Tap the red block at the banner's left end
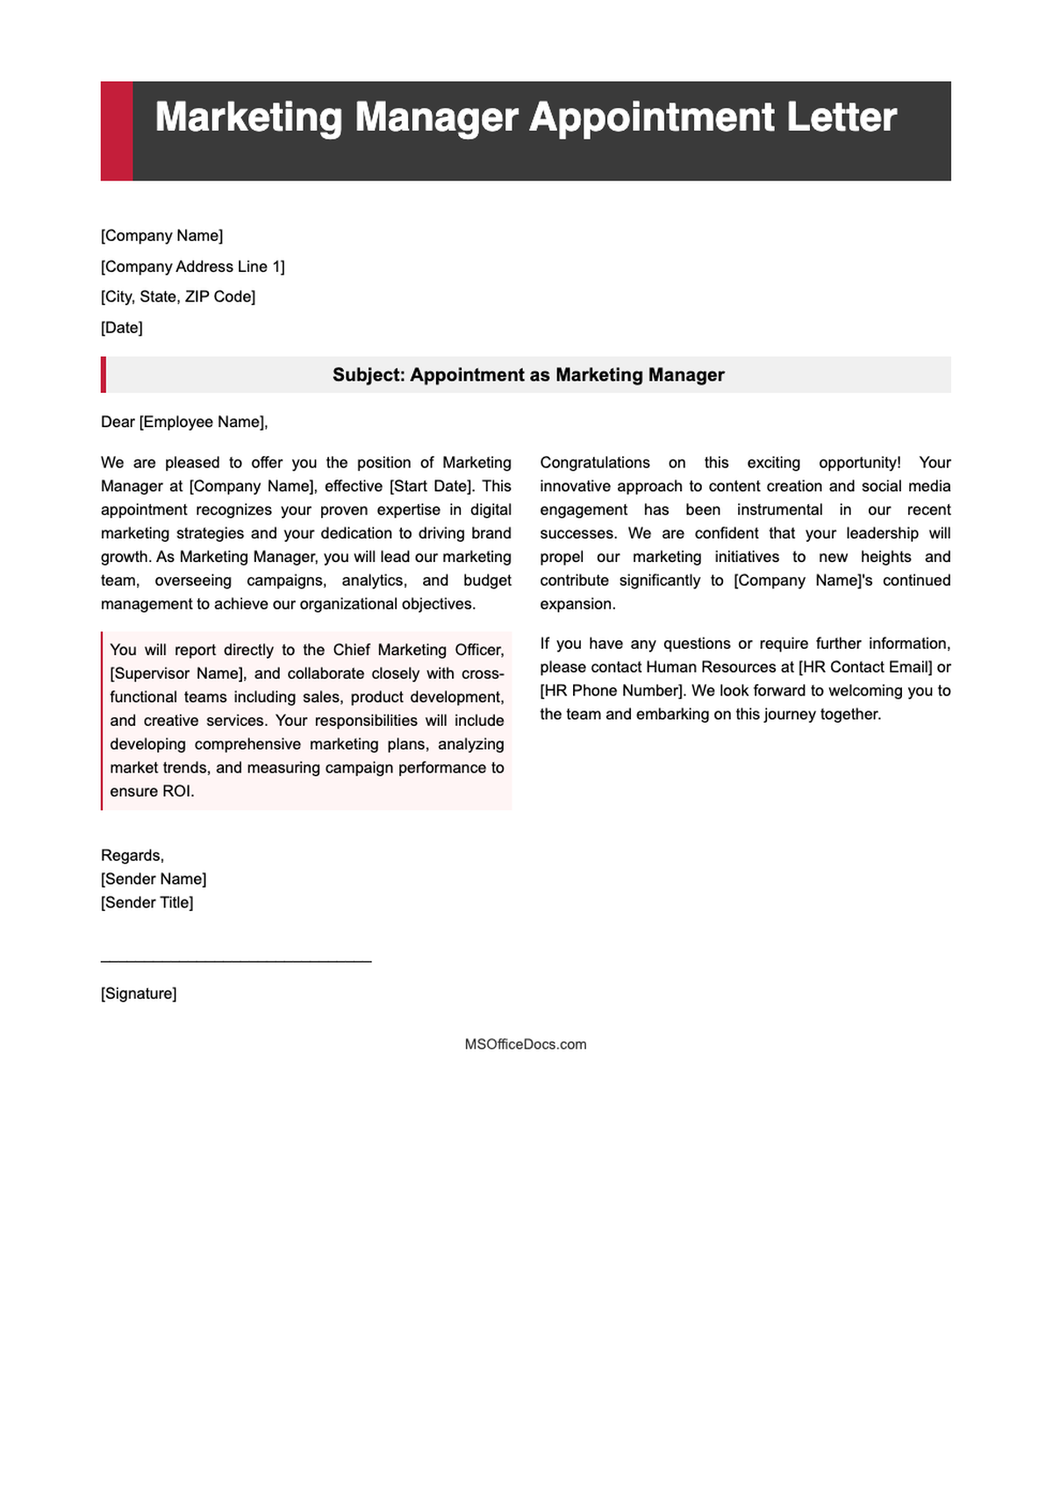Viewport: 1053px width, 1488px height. (x=117, y=132)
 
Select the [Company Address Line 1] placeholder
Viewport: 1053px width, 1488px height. (x=192, y=267)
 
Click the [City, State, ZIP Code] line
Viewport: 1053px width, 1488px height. (x=178, y=296)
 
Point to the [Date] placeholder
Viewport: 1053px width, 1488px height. (x=122, y=328)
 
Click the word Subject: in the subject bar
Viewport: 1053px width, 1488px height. (x=369, y=375)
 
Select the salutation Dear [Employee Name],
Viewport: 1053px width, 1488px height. (x=184, y=422)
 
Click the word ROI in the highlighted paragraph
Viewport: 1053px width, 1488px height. (x=176, y=791)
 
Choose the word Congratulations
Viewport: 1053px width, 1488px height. (x=595, y=462)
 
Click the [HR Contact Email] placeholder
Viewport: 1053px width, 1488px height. (x=865, y=666)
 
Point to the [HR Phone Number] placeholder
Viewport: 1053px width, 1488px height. (x=612, y=690)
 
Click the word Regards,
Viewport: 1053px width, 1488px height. (x=133, y=856)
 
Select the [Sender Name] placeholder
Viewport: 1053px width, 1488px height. (x=154, y=879)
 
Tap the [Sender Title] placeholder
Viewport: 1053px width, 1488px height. (x=147, y=902)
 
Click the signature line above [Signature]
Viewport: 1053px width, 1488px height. (x=236, y=962)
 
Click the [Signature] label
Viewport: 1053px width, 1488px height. (x=139, y=993)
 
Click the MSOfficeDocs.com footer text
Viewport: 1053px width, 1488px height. (x=526, y=1044)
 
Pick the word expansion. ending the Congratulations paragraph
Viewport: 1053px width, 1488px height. (x=578, y=604)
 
